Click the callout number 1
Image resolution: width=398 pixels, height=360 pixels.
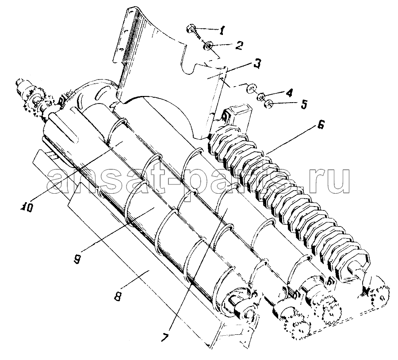point(222,31)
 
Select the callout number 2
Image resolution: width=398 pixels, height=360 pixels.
point(239,45)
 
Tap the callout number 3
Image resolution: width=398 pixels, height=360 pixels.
point(257,63)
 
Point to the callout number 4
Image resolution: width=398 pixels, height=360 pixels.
point(289,92)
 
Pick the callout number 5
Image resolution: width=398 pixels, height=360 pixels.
point(303,104)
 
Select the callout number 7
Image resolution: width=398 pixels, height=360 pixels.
point(165,337)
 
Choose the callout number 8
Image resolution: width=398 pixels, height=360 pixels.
point(117,296)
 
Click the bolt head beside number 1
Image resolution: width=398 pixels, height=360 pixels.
point(190,28)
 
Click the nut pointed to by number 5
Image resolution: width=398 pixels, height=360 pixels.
point(268,104)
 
